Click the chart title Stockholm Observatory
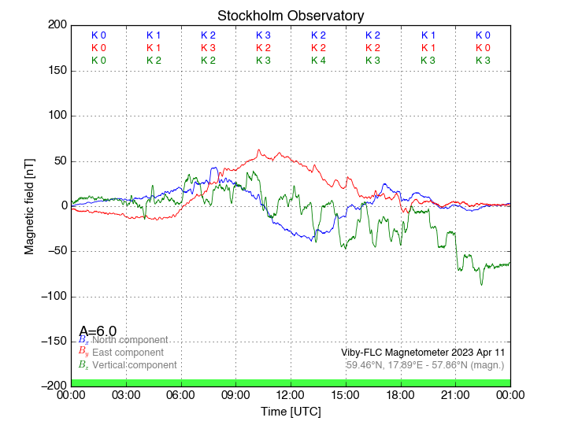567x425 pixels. click(x=291, y=16)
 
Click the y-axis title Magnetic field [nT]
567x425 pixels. click(x=29, y=205)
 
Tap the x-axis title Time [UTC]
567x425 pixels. click(x=291, y=412)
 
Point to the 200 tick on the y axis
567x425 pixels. click(x=57, y=25)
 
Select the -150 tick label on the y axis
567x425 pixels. click(x=53, y=341)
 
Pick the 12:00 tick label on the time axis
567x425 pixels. click(x=291, y=395)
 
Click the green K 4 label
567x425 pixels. click(x=318, y=61)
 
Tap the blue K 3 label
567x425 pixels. click(x=263, y=35)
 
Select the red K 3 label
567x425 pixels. click(x=208, y=48)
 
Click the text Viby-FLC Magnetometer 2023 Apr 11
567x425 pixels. click(x=423, y=353)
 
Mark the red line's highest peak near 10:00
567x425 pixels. click(x=258, y=150)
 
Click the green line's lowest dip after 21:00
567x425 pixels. click(x=482, y=284)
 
